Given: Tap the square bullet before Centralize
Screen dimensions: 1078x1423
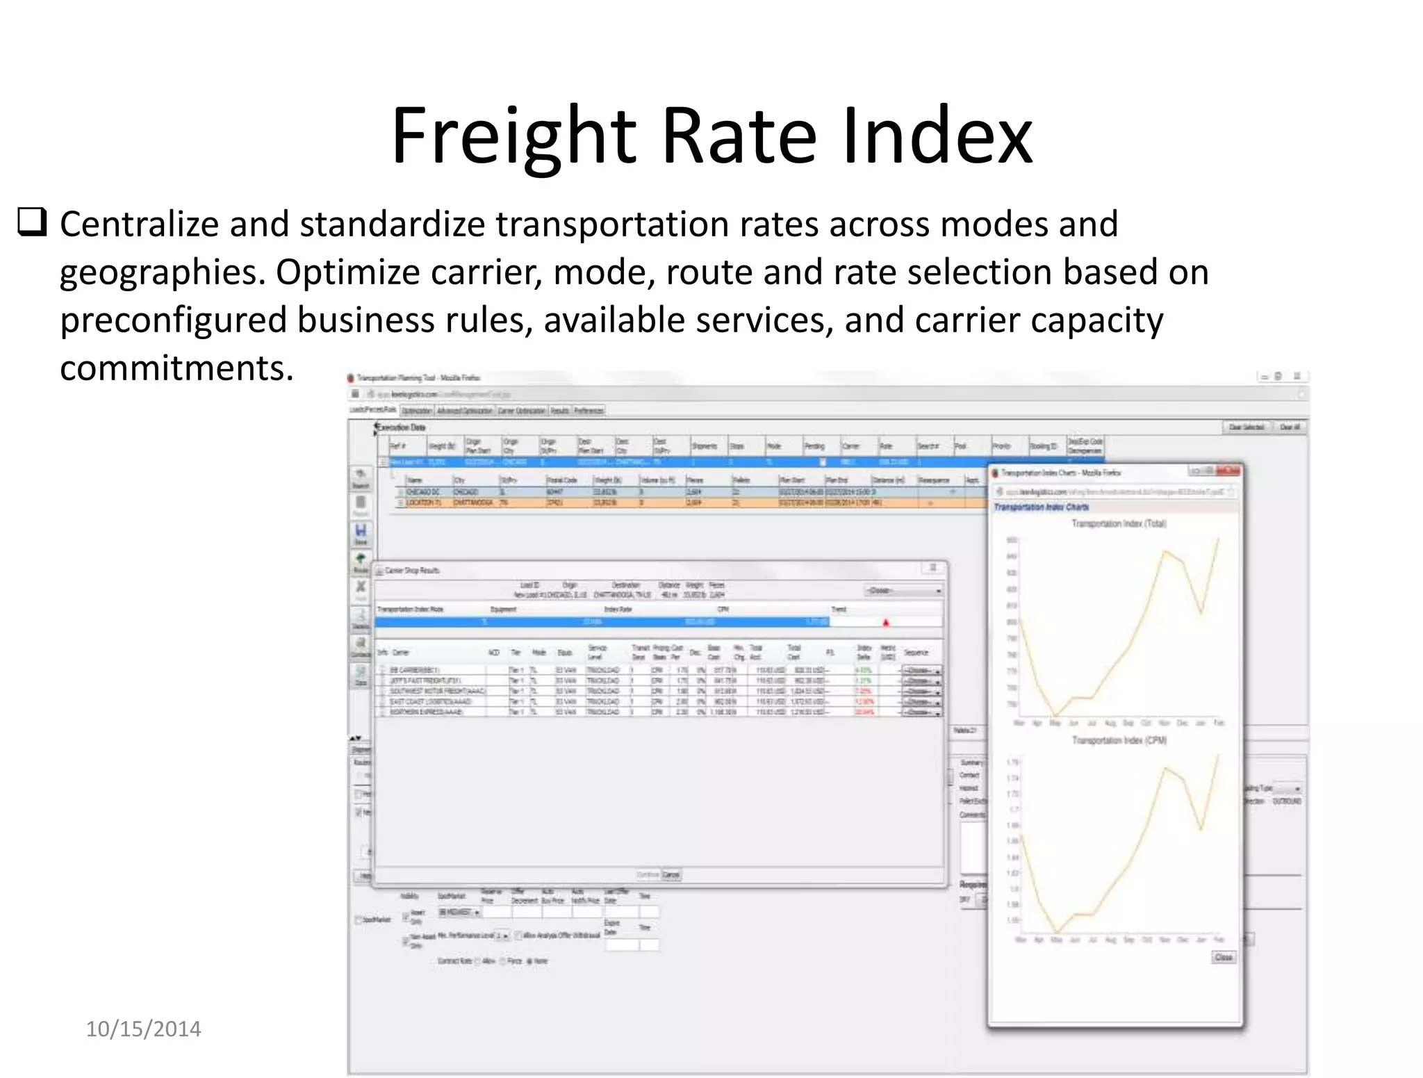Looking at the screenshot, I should pos(32,223).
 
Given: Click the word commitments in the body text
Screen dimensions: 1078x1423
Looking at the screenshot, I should pos(176,368).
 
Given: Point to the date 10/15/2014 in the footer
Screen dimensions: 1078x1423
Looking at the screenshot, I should pos(143,1029).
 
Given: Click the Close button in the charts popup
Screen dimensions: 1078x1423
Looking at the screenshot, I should pos(1223,957).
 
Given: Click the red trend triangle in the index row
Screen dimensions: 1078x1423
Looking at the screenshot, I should pos(886,622).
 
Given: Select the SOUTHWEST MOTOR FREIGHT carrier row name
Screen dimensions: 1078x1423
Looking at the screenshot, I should pos(438,691).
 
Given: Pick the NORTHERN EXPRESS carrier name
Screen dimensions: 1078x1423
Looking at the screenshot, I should pos(427,712).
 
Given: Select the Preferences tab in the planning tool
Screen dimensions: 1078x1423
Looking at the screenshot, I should pos(589,411).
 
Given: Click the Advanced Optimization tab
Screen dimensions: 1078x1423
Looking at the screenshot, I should pos(466,411).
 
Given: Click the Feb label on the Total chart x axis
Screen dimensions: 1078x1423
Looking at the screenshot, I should pos(1219,723).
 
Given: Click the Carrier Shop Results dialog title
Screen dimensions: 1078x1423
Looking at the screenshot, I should pos(412,571).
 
